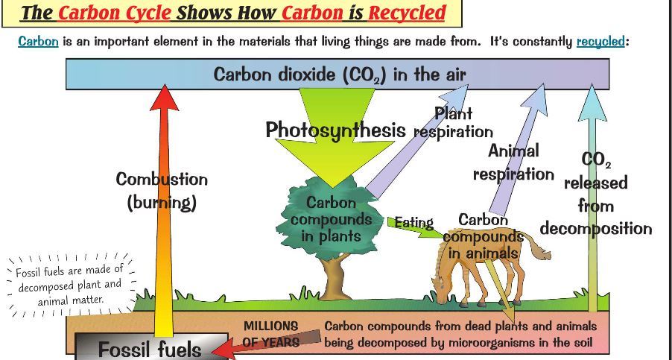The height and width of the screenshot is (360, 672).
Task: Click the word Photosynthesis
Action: click(335, 130)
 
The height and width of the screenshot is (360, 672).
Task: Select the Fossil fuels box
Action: click(150, 349)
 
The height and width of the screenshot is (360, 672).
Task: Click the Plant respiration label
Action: click(453, 123)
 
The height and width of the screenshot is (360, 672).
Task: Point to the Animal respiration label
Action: click(513, 162)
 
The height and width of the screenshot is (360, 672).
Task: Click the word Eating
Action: click(413, 222)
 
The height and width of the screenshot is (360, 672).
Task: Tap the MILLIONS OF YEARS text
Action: click(270, 334)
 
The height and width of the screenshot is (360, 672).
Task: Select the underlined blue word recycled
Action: click(600, 41)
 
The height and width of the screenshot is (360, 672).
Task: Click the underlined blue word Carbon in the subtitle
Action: click(38, 41)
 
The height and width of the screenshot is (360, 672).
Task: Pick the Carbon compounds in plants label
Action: click(331, 220)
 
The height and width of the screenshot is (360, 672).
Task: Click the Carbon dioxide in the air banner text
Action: click(339, 75)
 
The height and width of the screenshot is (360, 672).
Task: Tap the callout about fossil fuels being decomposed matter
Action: click(69, 285)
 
